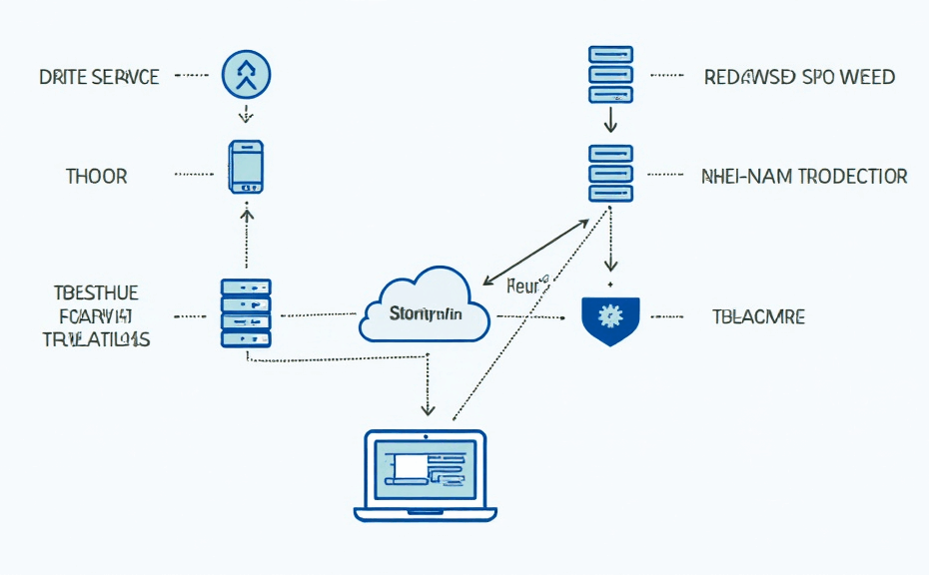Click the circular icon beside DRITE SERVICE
245,75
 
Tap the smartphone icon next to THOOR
246,166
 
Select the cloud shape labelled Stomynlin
425,306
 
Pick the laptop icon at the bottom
426,475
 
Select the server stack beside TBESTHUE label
246,312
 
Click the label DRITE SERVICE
99,77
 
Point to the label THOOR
97,177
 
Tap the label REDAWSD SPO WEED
799,77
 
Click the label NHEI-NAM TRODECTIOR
805,177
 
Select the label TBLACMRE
759,317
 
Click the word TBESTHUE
96,292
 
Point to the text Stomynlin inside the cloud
426,315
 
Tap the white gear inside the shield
607,316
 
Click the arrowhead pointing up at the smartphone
247,212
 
